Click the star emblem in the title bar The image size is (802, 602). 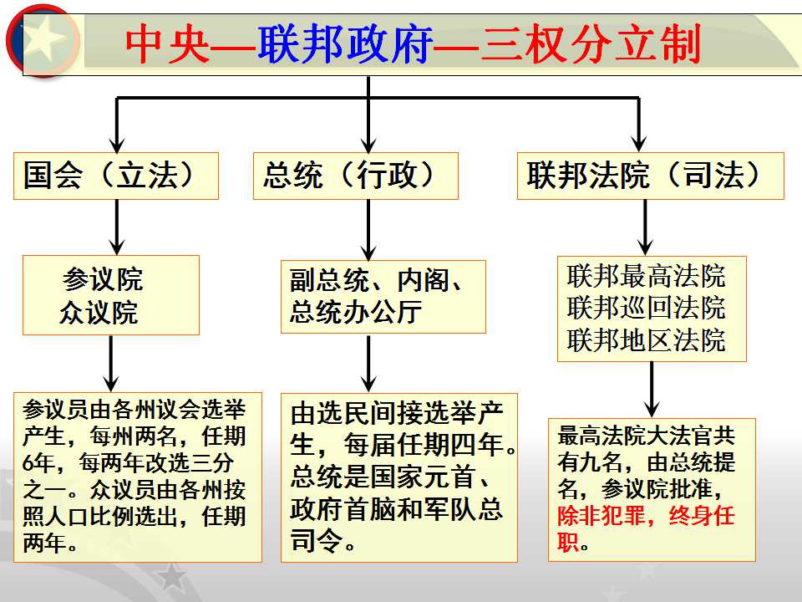tap(43, 40)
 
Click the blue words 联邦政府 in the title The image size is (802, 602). tap(345, 44)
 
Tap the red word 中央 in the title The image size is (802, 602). tap(167, 44)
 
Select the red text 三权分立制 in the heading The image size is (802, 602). tap(591, 44)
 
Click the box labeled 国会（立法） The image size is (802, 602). tap(116, 176)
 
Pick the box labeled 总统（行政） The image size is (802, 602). tap(356, 176)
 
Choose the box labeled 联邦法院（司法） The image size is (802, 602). tap(651, 176)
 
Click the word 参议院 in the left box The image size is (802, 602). tap(102, 279)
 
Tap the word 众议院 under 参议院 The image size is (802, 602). tap(99, 312)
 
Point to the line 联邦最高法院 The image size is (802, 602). tap(646, 276)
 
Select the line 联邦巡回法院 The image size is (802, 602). tap(646, 308)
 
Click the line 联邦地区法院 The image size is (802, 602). tap(646, 340)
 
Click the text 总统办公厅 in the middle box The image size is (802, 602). tap(356, 312)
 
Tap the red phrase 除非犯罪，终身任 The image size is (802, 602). tap(646, 516)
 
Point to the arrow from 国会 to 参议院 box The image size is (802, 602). tap(117, 227)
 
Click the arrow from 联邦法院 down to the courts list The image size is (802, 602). tap(646, 227)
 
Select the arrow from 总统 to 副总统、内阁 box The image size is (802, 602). tap(368, 230)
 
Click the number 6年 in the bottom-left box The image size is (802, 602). tap(39, 462)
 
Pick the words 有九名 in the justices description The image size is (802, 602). tap(590, 462)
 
